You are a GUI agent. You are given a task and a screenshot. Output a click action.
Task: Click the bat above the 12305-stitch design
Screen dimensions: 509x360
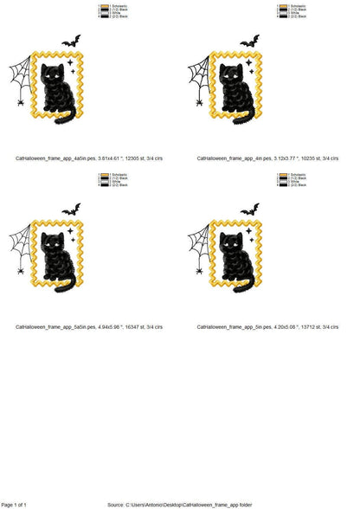click(71, 41)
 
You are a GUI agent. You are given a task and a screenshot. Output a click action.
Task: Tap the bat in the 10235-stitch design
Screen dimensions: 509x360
click(249, 41)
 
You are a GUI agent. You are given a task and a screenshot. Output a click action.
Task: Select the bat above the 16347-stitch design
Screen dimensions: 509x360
click(71, 209)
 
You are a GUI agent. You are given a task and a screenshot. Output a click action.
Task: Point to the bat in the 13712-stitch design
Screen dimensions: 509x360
click(249, 209)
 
